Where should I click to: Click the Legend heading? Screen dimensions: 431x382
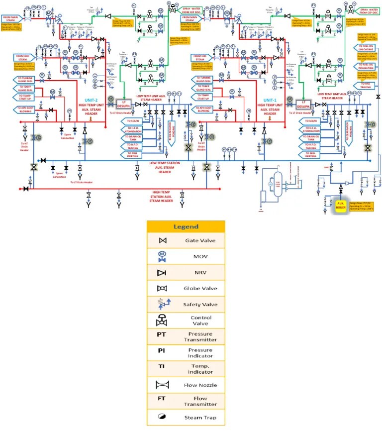pyautogui.click(x=186, y=226)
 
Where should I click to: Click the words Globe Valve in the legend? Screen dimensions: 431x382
pyautogui.click(x=201, y=289)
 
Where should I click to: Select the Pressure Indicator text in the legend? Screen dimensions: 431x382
pyautogui.click(x=201, y=353)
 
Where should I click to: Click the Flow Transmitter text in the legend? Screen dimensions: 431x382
pyautogui.click(x=201, y=401)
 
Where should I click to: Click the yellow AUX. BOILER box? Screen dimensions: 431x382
pyautogui.click(x=340, y=207)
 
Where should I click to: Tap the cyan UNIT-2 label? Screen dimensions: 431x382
pyautogui.click(x=92, y=100)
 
